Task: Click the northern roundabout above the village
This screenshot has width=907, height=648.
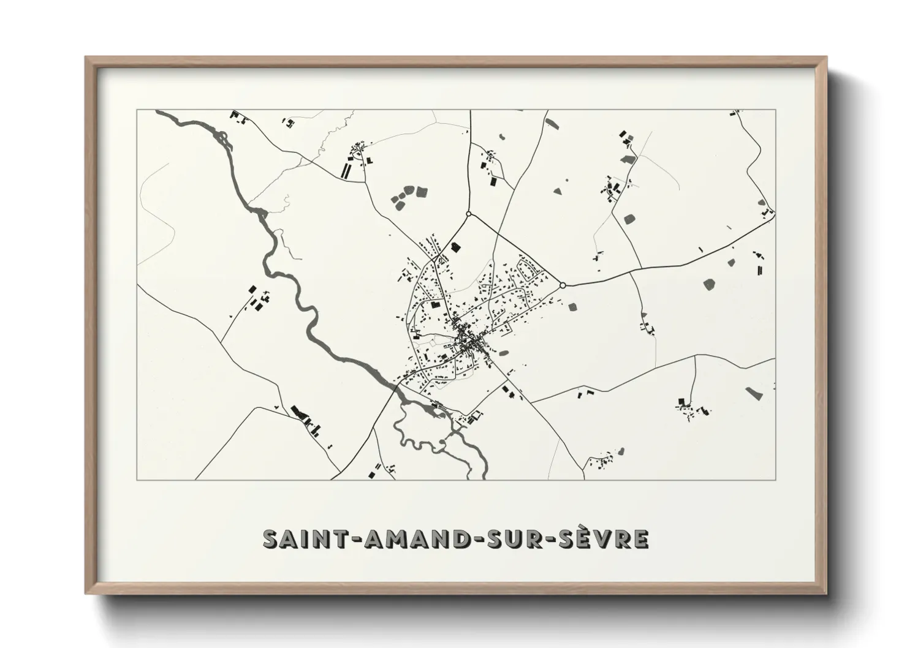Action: coord(468,214)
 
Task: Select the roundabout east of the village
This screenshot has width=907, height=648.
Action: coord(563,285)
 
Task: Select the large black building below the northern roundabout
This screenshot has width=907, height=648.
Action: coord(455,246)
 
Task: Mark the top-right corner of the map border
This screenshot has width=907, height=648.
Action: coord(776,110)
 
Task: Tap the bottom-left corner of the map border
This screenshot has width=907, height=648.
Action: coord(137,480)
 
